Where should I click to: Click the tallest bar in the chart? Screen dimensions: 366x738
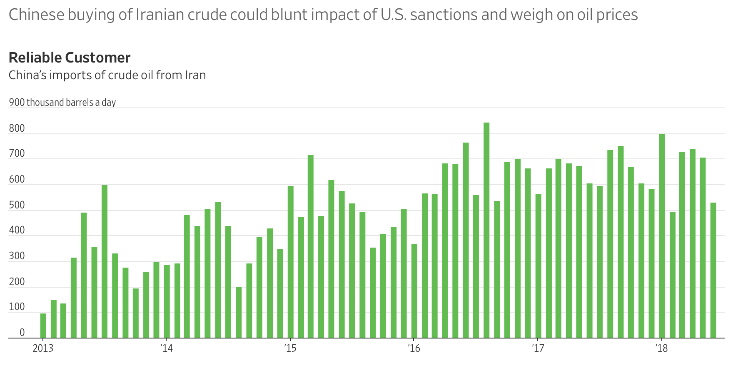pos(486,230)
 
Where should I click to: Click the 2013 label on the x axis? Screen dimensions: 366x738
pos(43,348)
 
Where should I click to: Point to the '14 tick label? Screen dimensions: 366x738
pos(166,348)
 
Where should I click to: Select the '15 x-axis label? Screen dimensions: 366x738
pos(290,348)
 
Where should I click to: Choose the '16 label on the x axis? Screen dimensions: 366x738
pos(414,348)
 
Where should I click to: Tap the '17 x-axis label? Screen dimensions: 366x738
pos(538,348)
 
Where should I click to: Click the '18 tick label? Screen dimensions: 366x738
pos(661,348)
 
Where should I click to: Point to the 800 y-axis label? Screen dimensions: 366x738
pos(17,128)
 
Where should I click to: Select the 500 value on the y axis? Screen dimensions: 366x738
pos(17,206)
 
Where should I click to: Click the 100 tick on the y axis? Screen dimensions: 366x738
pos(17,307)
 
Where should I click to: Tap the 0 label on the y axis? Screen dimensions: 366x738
pos(22,333)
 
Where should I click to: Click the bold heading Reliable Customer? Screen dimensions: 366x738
pos(70,58)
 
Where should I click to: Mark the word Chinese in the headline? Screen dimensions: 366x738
pos(37,15)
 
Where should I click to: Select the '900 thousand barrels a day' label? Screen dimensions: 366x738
pos(62,103)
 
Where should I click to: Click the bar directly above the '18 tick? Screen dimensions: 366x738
pos(662,236)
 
